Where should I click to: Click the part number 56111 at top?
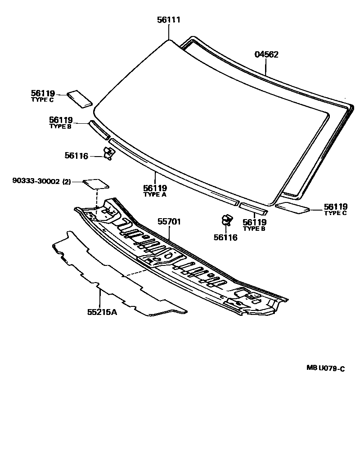pos(169,20)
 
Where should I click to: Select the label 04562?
pos(266,54)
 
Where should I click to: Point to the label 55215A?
pos(102,311)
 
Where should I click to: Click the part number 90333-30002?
pos(35,181)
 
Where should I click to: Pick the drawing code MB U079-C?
pos(326,368)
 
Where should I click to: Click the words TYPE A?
pos(155,195)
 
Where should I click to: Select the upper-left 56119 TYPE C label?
pos(43,96)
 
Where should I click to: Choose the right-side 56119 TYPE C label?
pos(336,209)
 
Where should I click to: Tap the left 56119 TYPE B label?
pos(61,122)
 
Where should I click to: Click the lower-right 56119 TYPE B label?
pos(255,225)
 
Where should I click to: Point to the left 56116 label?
pos(76,156)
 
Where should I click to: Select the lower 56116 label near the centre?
pos(226,237)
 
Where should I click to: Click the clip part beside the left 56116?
pos(109,153)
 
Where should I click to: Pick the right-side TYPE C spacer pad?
pos(292,207)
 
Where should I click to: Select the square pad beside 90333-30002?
pos(96,183)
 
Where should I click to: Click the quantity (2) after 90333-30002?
pos(67,181)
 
